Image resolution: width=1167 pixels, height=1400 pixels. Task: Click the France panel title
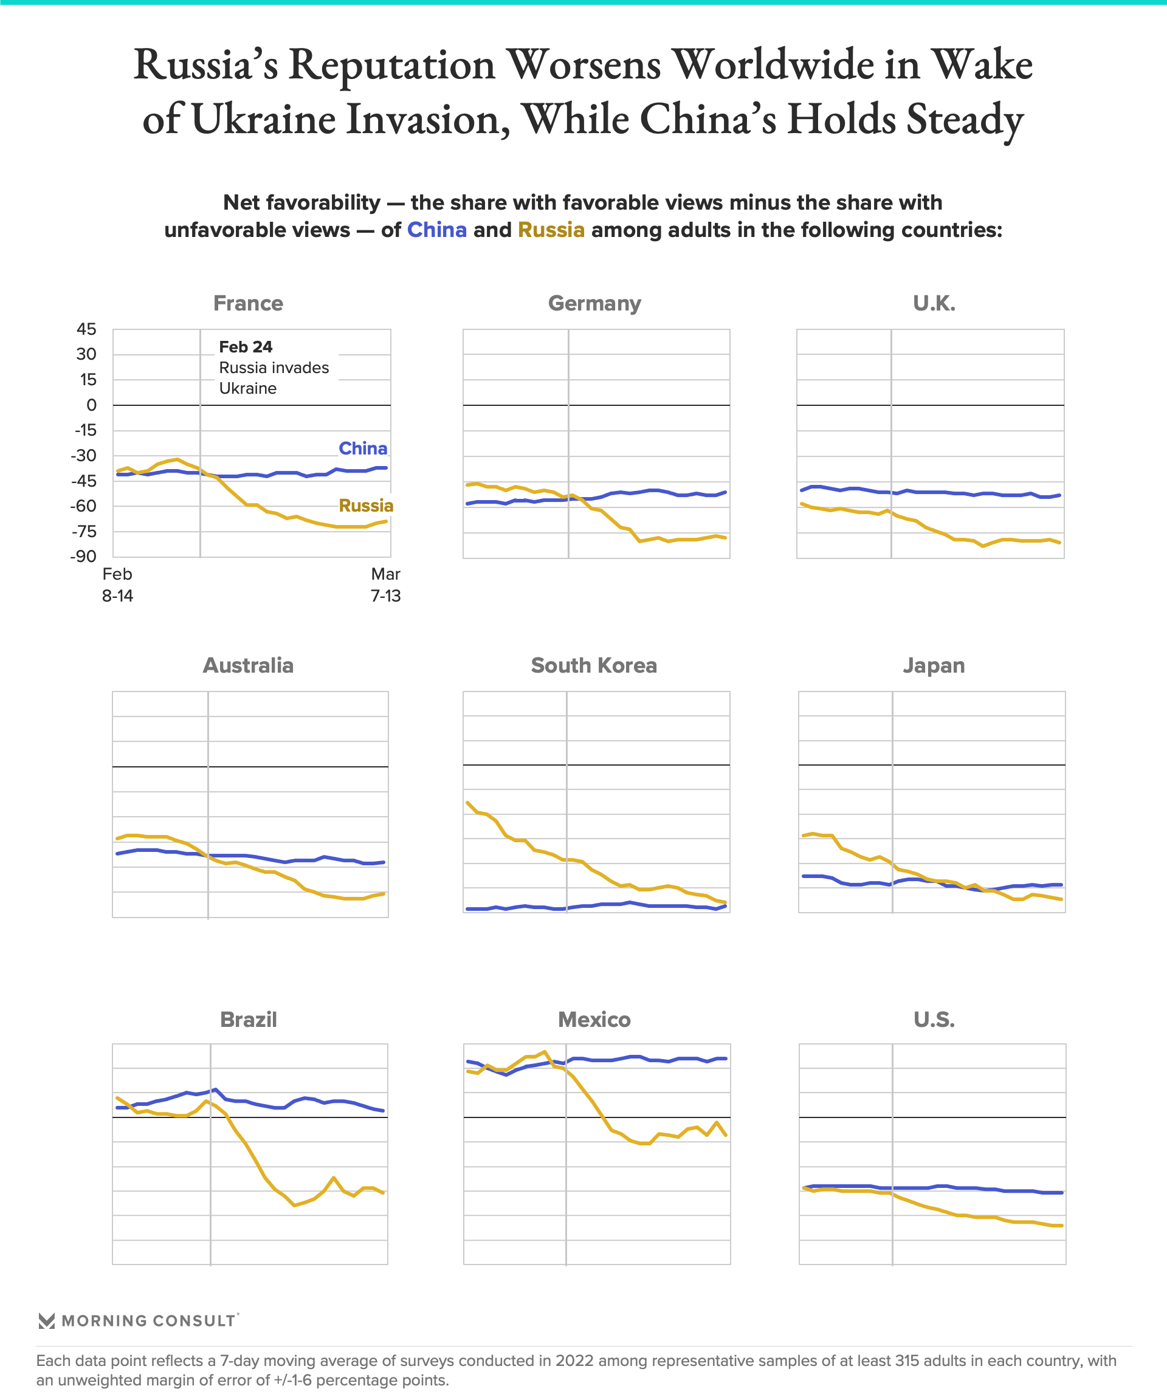tap(248, 303)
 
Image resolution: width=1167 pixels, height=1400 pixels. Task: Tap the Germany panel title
tap(594, 303)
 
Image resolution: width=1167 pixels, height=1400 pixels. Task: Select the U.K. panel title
tap(934, 303)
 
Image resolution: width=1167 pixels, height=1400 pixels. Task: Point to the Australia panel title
tap(248, 665)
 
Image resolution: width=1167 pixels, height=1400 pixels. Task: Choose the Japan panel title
tap(934, 665)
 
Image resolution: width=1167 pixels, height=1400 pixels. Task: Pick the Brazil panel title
tap(248, 1020)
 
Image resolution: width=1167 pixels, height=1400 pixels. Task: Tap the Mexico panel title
tap(594, 1020)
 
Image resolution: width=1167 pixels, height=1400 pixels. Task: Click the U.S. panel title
tap(934, 1020)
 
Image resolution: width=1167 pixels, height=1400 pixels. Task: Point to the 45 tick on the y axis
tap(87, 329)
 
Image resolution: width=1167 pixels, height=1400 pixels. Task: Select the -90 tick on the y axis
tap(83, 556)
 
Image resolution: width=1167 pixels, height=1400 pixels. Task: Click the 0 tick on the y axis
tap(91, 405)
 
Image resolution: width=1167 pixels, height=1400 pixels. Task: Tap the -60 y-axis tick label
tap(83, 506)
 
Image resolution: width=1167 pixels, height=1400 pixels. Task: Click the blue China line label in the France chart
tap(363, 448)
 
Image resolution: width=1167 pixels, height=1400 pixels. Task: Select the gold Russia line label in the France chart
tap(365, 506)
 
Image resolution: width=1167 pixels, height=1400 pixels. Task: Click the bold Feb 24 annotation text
tap(246, 347)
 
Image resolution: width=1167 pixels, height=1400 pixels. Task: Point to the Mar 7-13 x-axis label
tap(385, 585)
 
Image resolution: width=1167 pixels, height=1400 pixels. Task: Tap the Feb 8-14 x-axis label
tap(117, 585)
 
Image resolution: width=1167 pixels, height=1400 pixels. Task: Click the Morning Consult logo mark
tap(47, 1320)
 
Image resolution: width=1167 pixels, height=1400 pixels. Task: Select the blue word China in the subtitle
tap(437, 230)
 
